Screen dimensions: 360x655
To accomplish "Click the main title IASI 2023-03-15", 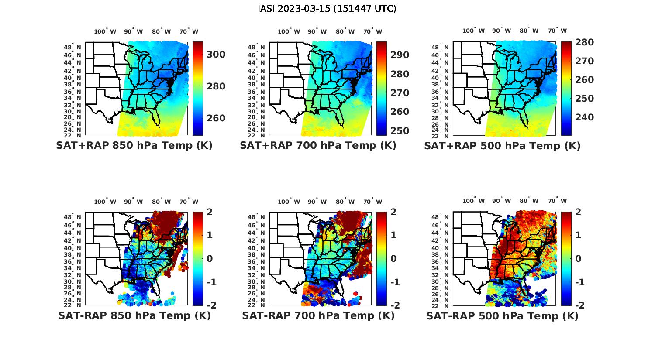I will tap(327, 8).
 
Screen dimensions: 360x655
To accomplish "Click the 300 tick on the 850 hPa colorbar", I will tap(216, 55).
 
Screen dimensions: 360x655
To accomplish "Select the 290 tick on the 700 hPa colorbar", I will tap(400, 55).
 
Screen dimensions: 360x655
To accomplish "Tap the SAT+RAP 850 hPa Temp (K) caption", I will tap(134, 146).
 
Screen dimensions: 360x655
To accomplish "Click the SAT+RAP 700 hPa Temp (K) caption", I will tap(318, 146).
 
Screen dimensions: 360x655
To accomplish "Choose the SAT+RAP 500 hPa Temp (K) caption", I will tap(502, 146).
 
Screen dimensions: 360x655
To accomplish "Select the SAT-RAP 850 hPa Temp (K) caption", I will tap(134, 315).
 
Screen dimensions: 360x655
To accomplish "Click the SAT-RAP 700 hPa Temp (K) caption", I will tap(318, 315).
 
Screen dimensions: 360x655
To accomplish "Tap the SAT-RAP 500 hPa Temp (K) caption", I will tap(502, 315).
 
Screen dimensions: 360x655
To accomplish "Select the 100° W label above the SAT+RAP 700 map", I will tap(289, 31).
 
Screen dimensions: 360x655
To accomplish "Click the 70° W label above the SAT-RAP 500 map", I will tap(557, 201).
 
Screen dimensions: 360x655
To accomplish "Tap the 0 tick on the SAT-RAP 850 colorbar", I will tap(210, 259).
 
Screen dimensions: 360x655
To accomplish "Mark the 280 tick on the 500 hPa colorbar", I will tap(584, 42).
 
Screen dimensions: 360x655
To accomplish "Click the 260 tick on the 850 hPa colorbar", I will tap(216, 118).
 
